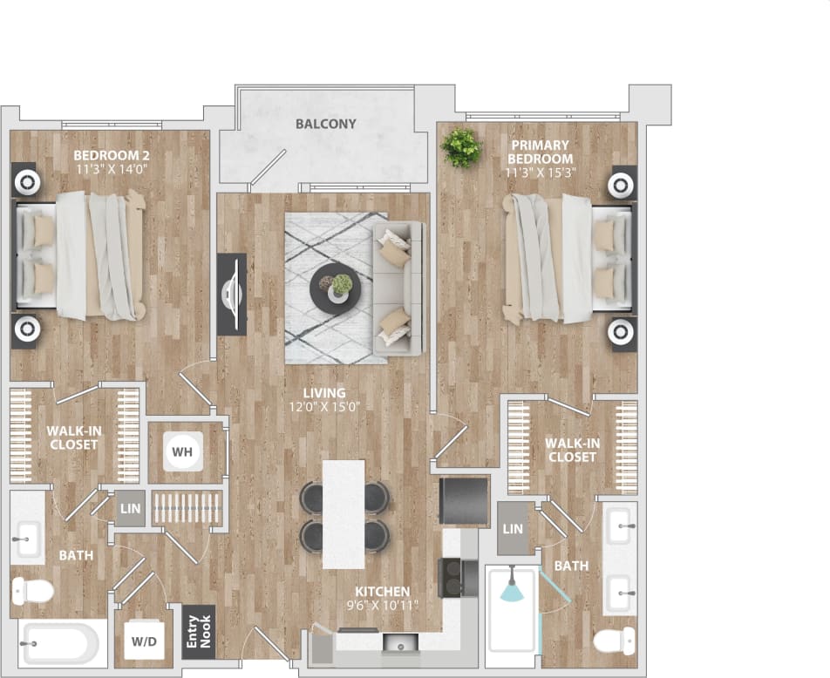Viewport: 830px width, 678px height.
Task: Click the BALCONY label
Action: pos(325,124)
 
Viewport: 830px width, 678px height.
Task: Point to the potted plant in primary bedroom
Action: pos(460,147)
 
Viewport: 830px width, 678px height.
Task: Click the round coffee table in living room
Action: pos(332,287)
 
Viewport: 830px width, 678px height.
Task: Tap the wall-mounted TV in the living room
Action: pos(232,293)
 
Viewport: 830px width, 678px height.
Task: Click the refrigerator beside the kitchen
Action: pos(464,501)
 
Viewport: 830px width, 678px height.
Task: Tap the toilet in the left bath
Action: pos(32,591)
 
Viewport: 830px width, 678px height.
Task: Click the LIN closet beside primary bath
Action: pos(514,529)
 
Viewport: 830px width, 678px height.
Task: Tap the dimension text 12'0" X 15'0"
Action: pos(324,406)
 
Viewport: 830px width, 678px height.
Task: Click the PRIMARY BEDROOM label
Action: pos(541,152)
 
